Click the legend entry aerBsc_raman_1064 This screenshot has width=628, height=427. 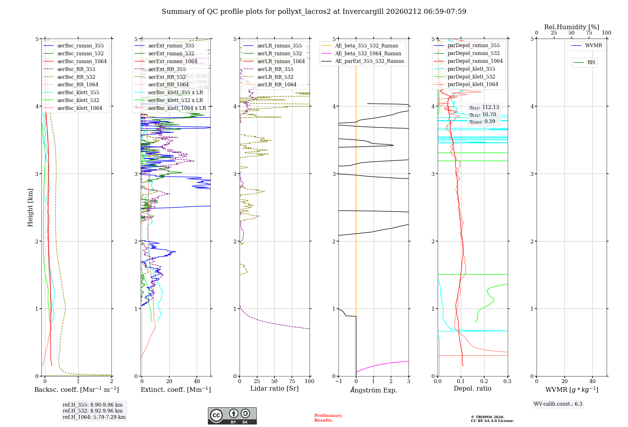point(82,61)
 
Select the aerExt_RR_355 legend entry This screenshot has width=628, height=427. point(167,69)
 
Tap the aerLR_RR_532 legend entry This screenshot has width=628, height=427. point(275,77)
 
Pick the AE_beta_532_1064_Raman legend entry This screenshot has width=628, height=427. point(368,53)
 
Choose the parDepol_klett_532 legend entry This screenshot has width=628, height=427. point(471,77)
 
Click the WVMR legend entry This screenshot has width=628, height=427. point(593,46)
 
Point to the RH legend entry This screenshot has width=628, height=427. point(591,62)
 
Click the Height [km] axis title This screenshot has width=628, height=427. point(30,208)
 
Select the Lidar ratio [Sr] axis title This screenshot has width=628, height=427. point(274,388)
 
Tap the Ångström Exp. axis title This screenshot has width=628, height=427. point(374,390)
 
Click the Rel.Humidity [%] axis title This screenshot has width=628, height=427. point(571,27)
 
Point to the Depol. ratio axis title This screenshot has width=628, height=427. point(473,388)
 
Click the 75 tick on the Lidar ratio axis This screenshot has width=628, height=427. point(292,381)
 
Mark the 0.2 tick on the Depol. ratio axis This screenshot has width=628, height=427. point(484,381)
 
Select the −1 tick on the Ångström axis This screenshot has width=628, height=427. point(338,381)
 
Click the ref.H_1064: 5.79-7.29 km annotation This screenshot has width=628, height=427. point(94,417)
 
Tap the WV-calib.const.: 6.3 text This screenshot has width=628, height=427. point(558,404)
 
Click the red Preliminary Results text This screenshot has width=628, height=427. point(328,418)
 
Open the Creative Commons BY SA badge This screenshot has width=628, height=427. point(232,416)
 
